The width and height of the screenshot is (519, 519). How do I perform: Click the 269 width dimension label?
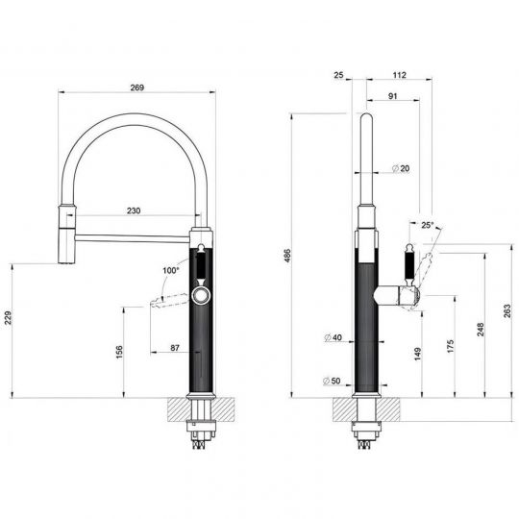(137, 87)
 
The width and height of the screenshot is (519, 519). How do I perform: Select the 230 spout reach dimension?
(134, 210)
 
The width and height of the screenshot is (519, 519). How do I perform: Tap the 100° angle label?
(170, 270)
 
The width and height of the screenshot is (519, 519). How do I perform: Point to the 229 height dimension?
(8, 318)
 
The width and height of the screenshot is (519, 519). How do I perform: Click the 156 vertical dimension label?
(119, 352)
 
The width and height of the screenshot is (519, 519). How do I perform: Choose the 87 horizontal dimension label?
(175, 348)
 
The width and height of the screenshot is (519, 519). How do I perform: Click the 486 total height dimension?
(287, 256)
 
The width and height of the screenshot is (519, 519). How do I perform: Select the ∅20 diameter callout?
(401, 168)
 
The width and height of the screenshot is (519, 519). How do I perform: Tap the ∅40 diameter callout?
(333, 337)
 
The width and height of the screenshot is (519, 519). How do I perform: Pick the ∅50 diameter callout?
(332, 381)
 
